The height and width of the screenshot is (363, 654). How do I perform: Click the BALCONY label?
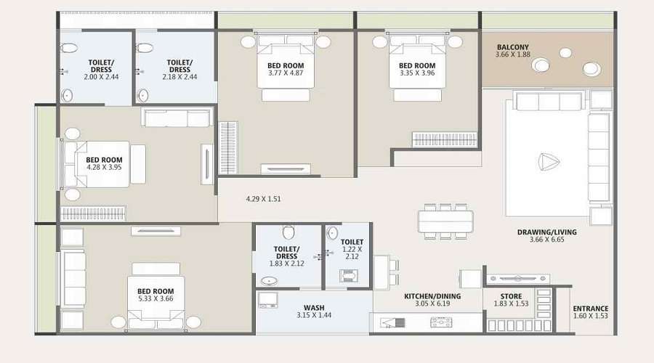click(x=512, y=47)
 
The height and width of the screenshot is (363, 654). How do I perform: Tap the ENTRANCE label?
click(x=590, y=309)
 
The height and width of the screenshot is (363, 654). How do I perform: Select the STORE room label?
click(x=511, y=296)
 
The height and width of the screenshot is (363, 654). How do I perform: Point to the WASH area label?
click(x=314, y=308)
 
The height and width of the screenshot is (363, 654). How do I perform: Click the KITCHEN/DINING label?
click(x=432, y=296)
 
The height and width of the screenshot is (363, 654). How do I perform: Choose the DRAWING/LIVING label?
click(x=546, y=232)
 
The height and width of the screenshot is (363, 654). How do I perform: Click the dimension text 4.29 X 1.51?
click(x=263, y=199)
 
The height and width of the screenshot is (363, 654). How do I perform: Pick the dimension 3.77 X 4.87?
click(x=286, y=73)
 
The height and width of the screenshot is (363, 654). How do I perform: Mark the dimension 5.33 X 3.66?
click(x=156, y=298)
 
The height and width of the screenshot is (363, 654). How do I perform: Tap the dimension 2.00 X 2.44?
click(x=101, y=77)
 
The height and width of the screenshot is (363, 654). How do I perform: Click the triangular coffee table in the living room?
click(x=548, y=162)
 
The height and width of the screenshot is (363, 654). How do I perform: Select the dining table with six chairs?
click(x=445, y=221)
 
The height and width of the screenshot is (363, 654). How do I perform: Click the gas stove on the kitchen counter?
click(x=441, y=322)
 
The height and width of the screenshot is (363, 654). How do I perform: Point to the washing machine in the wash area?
click(x=267, y=300)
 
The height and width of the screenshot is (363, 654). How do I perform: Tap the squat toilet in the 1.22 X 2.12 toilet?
click(x=348, y=276)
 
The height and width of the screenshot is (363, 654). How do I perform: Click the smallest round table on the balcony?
click(x=565, y=53)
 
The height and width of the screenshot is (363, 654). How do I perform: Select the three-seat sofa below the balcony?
click(x=549, y=101)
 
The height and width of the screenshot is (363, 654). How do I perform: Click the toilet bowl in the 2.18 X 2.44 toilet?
click(x=145, y=48)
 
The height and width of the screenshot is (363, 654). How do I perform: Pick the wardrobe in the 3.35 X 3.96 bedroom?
click(x=444, y=139)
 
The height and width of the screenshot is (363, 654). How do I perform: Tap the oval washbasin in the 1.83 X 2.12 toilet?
click(x=270, y=280)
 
